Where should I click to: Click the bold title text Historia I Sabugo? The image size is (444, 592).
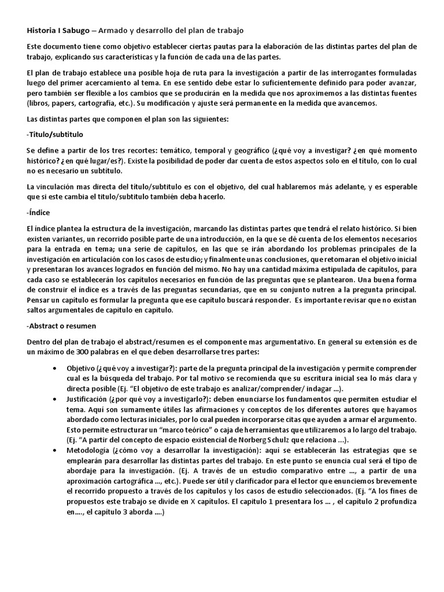[58, 29]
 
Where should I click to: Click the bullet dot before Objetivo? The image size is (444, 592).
[54, 368]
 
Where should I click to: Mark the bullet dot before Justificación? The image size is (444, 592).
[54, 399]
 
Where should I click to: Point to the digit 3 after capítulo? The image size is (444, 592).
[120, 503]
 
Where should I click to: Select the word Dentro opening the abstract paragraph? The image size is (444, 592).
[39, 342]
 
